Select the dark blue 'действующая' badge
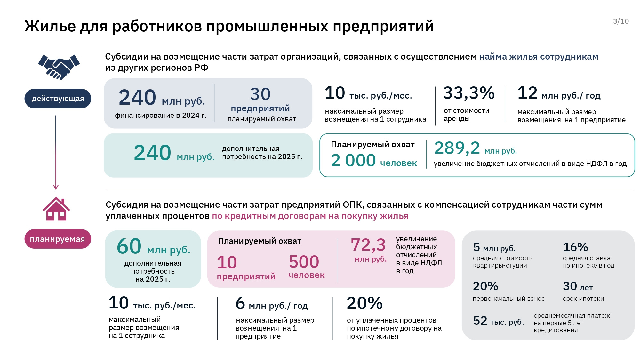(x=58, y=99)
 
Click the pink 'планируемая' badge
(x=58, y=239)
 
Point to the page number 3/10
(x=621, y=21)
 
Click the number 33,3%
(x=469, y=93)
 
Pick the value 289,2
(x=457, y=148)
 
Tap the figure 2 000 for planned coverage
(x=353, y=160)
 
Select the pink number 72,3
(x=368, y=245)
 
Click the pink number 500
(x=304, y=262)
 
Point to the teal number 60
(x=129, y=246)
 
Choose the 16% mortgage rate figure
(x=575, y=247)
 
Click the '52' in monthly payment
(x=480, y=321)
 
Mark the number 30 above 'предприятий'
(x=260, y=94)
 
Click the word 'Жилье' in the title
(x=50, y=26)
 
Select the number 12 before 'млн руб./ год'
(x=527, y=93)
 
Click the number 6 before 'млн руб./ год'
(x=240, y=303)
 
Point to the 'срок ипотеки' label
(x=583, y=299)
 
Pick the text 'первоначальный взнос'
(x=508, y=299)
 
